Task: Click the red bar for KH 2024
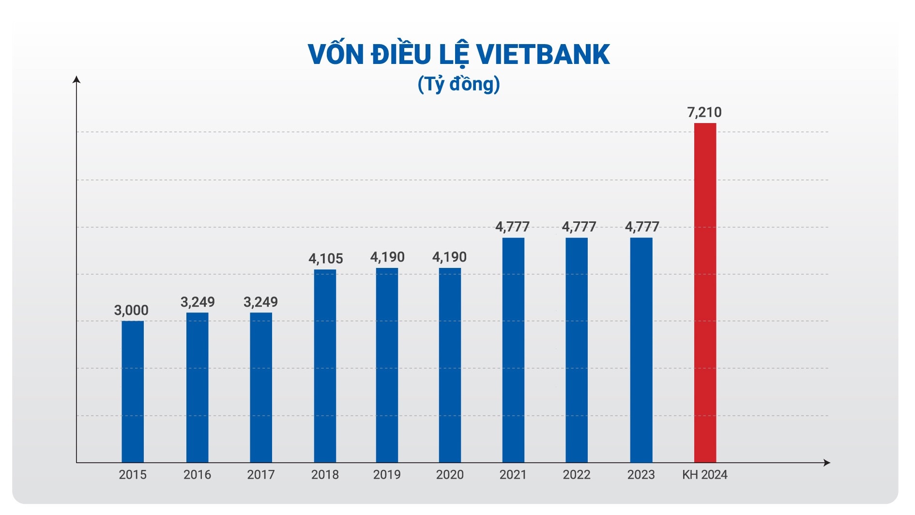pyautogui.click(x=705, y=293)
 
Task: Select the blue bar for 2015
pyautogui.click(x=133, y=391)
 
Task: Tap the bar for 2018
pyautogui.click(x=325, y=366)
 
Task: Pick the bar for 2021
pyautogui.click(x=513, y=350)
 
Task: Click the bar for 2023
pyautogui.click(x=641, y=350)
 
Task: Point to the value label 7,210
pyautogui.click(x=704, y=112)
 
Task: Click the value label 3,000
pyautogui.click(x=131, y=311)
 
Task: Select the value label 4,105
pyautogui.click(x=326, y=259)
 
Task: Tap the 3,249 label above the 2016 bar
pyautogui.click(x=198, y=302)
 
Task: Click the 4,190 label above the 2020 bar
pyautogui.click(x=449, y=257)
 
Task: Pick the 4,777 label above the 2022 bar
pyautogui.click(x=579, y=227)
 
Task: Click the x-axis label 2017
pyautogui.click(x=261, y=475)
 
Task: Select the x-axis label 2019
pyautogui.click(x=387, y=475)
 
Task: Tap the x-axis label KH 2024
pyautogui.click(x=705, y=475)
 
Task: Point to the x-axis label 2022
pyautogui.click(x=577, y=475)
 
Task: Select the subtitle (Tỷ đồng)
pyautogui.click(x=458, y=84)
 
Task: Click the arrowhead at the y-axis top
pyautogui.click(x=76, y=79)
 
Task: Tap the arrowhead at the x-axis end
pyautogui.click(x=827, y=463)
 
